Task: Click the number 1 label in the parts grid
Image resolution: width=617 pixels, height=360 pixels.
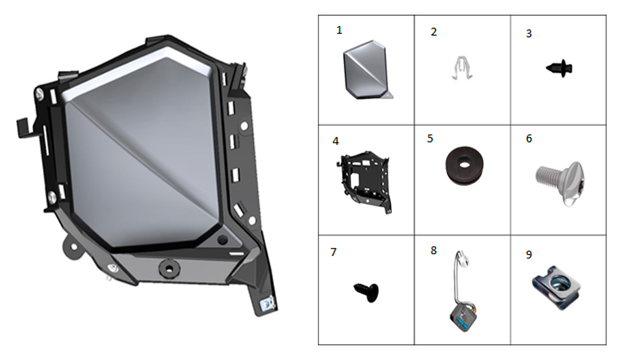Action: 339,30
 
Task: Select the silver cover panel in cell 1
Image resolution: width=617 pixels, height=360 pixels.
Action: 368,70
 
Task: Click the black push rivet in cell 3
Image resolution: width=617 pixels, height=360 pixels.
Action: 559,68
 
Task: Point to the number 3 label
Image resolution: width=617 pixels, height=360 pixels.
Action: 529,34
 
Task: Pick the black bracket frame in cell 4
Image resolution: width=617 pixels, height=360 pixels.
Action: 365,182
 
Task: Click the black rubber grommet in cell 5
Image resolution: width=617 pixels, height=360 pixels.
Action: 465,165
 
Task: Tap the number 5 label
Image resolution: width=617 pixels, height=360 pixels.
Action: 430,139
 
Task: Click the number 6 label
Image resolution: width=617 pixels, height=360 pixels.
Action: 529,139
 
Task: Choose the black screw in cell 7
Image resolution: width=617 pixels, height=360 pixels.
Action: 366,292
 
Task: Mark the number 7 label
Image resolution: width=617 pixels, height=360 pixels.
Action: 333,252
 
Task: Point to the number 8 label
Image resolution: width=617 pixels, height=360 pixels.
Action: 434,251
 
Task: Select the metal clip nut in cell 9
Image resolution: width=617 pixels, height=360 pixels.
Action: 556,287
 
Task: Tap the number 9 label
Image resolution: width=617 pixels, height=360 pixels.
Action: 529,255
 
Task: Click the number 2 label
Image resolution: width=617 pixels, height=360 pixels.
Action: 434,32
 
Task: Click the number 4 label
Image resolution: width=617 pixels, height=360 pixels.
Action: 335,141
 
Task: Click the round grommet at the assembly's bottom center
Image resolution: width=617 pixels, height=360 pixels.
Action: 169,269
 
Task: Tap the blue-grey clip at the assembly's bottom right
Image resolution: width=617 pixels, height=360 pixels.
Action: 268,304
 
